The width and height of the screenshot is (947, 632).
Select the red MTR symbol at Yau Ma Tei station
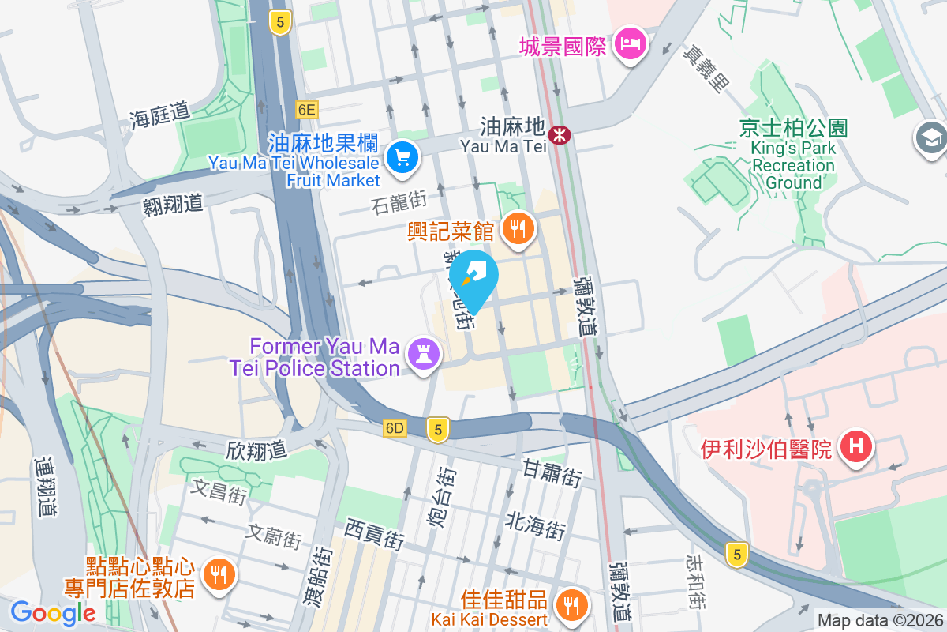[x=561, y=135]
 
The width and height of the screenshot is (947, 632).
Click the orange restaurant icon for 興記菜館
[x=518, y=230]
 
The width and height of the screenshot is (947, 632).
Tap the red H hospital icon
[x=856, y=446]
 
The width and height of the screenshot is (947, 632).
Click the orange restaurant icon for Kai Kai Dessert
[x=570, y=605]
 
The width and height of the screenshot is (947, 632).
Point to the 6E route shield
[x=307, y=109]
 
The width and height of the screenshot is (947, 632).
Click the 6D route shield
[x=395, y=429]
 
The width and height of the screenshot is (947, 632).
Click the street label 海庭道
[x=160, y=116]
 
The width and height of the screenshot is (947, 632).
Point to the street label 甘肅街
[x=552, y=473]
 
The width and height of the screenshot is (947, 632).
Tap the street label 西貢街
[x=375, y=533]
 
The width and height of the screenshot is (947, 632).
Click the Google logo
[x=53, y=612]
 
